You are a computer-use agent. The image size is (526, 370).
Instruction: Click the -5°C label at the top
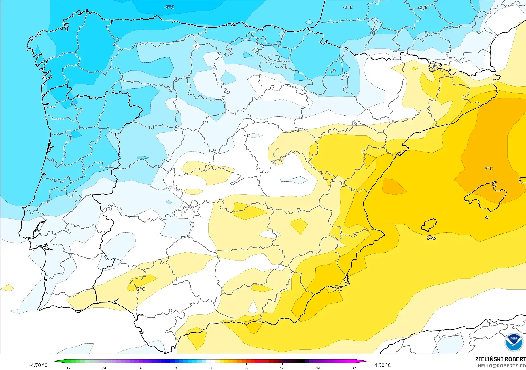(x=169, y=7)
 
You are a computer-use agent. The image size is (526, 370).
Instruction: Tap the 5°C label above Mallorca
(x=489, y=169)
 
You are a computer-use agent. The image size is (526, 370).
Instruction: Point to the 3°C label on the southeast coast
(x=338, y=289)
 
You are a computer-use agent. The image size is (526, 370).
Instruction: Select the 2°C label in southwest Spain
(x=141, y=289)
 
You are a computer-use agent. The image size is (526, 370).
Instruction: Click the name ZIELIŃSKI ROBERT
(x=500, y=359)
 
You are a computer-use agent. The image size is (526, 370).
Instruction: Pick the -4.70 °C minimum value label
(x=38, y=365)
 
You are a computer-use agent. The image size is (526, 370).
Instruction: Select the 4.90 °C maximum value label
(x=383, y=365)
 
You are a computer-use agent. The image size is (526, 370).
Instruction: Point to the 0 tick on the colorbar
(x=211, y=368)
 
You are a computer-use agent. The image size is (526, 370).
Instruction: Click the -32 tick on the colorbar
(x=67, y=368)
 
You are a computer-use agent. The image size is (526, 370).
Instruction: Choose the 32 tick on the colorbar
(x=354, y=368)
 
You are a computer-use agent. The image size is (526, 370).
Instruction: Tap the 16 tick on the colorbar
(x=282, y=368)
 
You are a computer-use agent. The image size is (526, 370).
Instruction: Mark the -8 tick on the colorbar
(x=175, y=368)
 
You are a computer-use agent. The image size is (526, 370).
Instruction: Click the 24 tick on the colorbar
(x=318, y=368)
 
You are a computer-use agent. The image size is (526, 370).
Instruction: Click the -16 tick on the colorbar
(x=139, y=368)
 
